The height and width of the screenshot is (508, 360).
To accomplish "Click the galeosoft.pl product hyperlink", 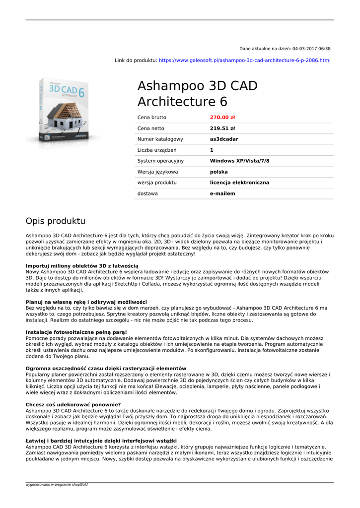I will [x=244, y=61].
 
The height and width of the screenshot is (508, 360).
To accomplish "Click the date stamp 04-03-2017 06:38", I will [x=311, y=49].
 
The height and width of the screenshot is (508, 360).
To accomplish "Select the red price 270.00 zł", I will [x=222, y=118].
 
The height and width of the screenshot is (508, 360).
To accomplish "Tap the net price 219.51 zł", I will [x=222, y=128].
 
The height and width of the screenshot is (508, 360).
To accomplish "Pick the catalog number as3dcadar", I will [x=224, y=139].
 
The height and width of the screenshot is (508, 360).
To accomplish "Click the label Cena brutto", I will [x=152, y=118].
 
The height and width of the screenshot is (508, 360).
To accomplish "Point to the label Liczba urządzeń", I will [x=157, y=150].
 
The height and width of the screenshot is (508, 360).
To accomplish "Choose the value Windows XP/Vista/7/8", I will [x=239, y=161].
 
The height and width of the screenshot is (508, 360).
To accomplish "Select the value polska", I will [x=219, y=172].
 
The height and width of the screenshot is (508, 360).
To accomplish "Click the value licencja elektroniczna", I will [x=239, y=183].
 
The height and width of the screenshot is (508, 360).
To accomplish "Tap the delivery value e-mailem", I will [x=222, y=194].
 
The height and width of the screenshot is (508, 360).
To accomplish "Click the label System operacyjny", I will [x=160, y=161].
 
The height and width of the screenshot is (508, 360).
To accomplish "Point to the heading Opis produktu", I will [x=56, y=221].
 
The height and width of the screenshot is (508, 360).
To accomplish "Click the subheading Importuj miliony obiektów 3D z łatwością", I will [x=82, y=266].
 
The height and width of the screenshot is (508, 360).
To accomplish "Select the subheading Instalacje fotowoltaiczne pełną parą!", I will [x=76, y=332].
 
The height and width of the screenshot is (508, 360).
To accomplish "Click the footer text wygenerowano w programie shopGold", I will [x=56, y=484].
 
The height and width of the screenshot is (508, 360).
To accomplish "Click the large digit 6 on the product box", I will [x=81, y=93].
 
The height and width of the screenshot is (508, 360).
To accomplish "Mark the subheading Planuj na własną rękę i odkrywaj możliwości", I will [x=86, y=302].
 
